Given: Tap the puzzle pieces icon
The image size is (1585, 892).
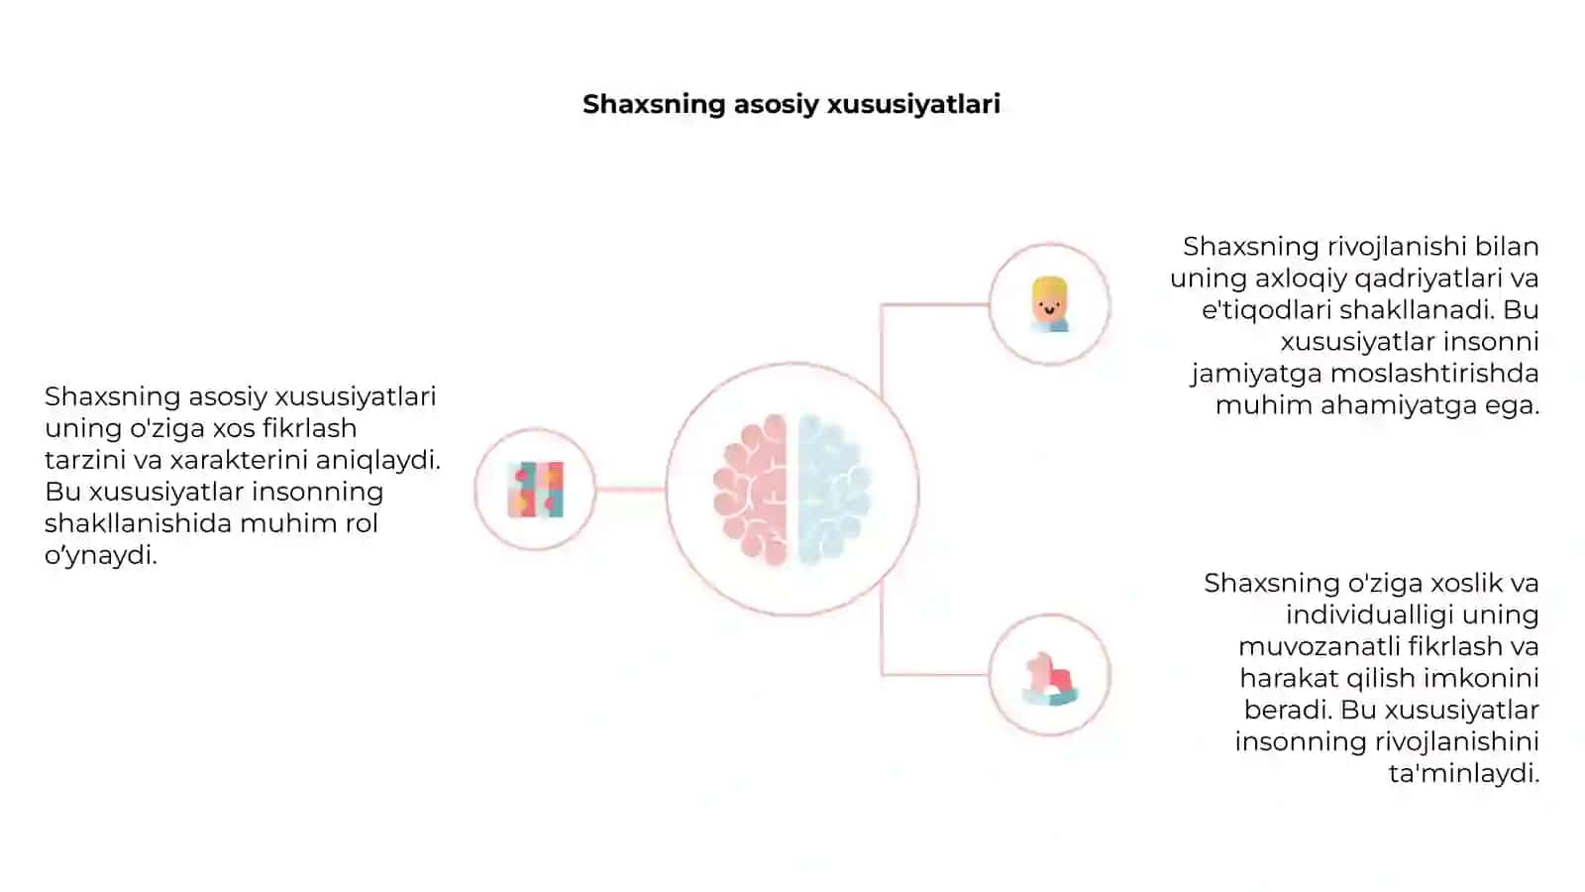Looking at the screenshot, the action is point(536,490).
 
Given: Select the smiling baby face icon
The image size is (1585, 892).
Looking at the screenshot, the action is point(1049,304).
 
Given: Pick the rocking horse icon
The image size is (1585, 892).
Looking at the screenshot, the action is point(1050,679).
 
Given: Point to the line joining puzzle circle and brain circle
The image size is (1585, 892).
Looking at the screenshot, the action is point(630,490).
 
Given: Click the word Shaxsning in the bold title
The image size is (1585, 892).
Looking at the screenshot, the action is point(655,105).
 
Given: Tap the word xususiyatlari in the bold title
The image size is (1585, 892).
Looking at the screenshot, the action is point(913,104).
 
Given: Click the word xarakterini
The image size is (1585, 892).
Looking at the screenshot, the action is point(239,460).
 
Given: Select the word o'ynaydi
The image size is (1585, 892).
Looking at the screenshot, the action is point(100,556).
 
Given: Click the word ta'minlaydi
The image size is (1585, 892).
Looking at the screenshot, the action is point(1464,774).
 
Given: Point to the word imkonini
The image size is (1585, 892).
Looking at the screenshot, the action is point(1481,678).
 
